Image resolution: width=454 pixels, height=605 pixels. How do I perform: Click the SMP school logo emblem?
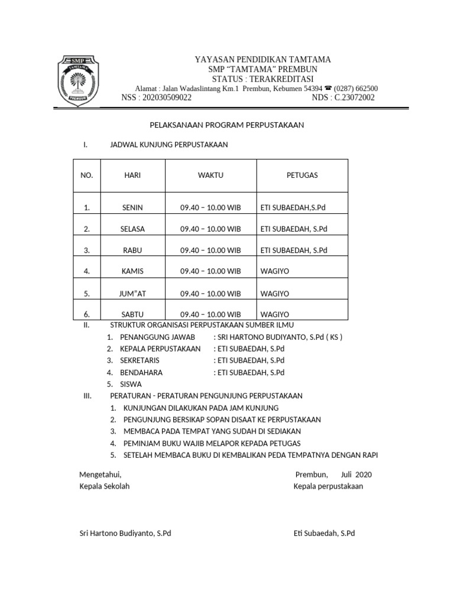77,80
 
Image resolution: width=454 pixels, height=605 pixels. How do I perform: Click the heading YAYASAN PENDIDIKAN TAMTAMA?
263,60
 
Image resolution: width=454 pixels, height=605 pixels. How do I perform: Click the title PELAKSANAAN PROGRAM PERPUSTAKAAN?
225,125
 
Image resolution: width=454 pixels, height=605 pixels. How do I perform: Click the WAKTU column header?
210,175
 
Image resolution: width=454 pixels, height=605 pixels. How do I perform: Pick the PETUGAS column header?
302,175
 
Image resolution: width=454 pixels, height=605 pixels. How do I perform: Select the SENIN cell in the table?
132,207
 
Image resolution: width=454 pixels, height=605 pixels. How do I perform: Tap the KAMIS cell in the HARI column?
132,271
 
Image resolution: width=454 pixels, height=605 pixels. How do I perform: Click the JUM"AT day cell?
132,293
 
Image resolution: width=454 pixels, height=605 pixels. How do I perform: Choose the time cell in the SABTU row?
210,314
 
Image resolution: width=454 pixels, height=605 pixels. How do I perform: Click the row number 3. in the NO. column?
87,250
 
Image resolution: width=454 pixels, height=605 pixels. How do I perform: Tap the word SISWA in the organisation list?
131,383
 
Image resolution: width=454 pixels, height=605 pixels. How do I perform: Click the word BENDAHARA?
141,372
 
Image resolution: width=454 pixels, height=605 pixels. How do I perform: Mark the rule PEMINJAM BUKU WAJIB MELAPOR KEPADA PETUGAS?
212,443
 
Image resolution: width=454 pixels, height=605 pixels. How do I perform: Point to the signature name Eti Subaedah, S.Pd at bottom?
324,533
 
